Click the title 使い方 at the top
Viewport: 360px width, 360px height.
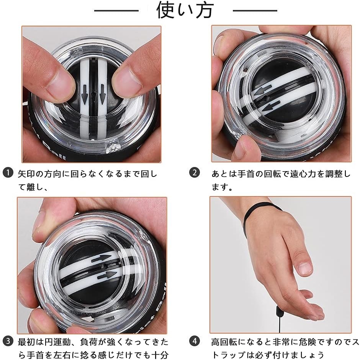185,11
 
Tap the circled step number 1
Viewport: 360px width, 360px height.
8,173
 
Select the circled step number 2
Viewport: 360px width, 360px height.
195,173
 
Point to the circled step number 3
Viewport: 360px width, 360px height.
8,341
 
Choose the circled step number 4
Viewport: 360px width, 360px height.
195,341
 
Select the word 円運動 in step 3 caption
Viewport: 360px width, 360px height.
57,342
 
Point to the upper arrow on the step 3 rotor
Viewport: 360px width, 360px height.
101,259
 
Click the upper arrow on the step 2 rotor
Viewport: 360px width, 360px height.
263,90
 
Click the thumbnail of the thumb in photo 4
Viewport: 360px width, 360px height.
305,267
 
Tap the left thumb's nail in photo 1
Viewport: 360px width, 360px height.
59,82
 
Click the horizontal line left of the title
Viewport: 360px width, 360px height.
116,11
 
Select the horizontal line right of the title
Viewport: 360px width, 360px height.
255,11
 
